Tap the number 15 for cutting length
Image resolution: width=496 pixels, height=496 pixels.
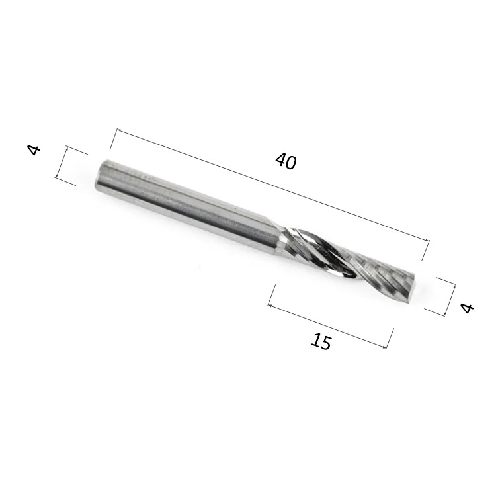pyautogui.click(x=321, y=341)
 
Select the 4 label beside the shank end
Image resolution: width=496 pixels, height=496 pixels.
pyautogui.click(x=34, y=150)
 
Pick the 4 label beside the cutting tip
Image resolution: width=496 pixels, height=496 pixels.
pyautogui.click(x=467, y=308)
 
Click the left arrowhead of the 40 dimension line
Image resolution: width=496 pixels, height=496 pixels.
pyautogui.click(x=119, y=130)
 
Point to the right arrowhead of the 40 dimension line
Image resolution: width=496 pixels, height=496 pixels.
pyautogui.click(x=427, y=241)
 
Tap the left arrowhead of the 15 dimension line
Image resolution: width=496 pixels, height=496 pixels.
pyautogui.click(x=270, y=305)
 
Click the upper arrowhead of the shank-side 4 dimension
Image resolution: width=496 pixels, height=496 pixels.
pyautogui.click(x=67, y=148)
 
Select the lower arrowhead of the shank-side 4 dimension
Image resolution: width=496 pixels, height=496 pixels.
pyautogui.click(x=57, y=176)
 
